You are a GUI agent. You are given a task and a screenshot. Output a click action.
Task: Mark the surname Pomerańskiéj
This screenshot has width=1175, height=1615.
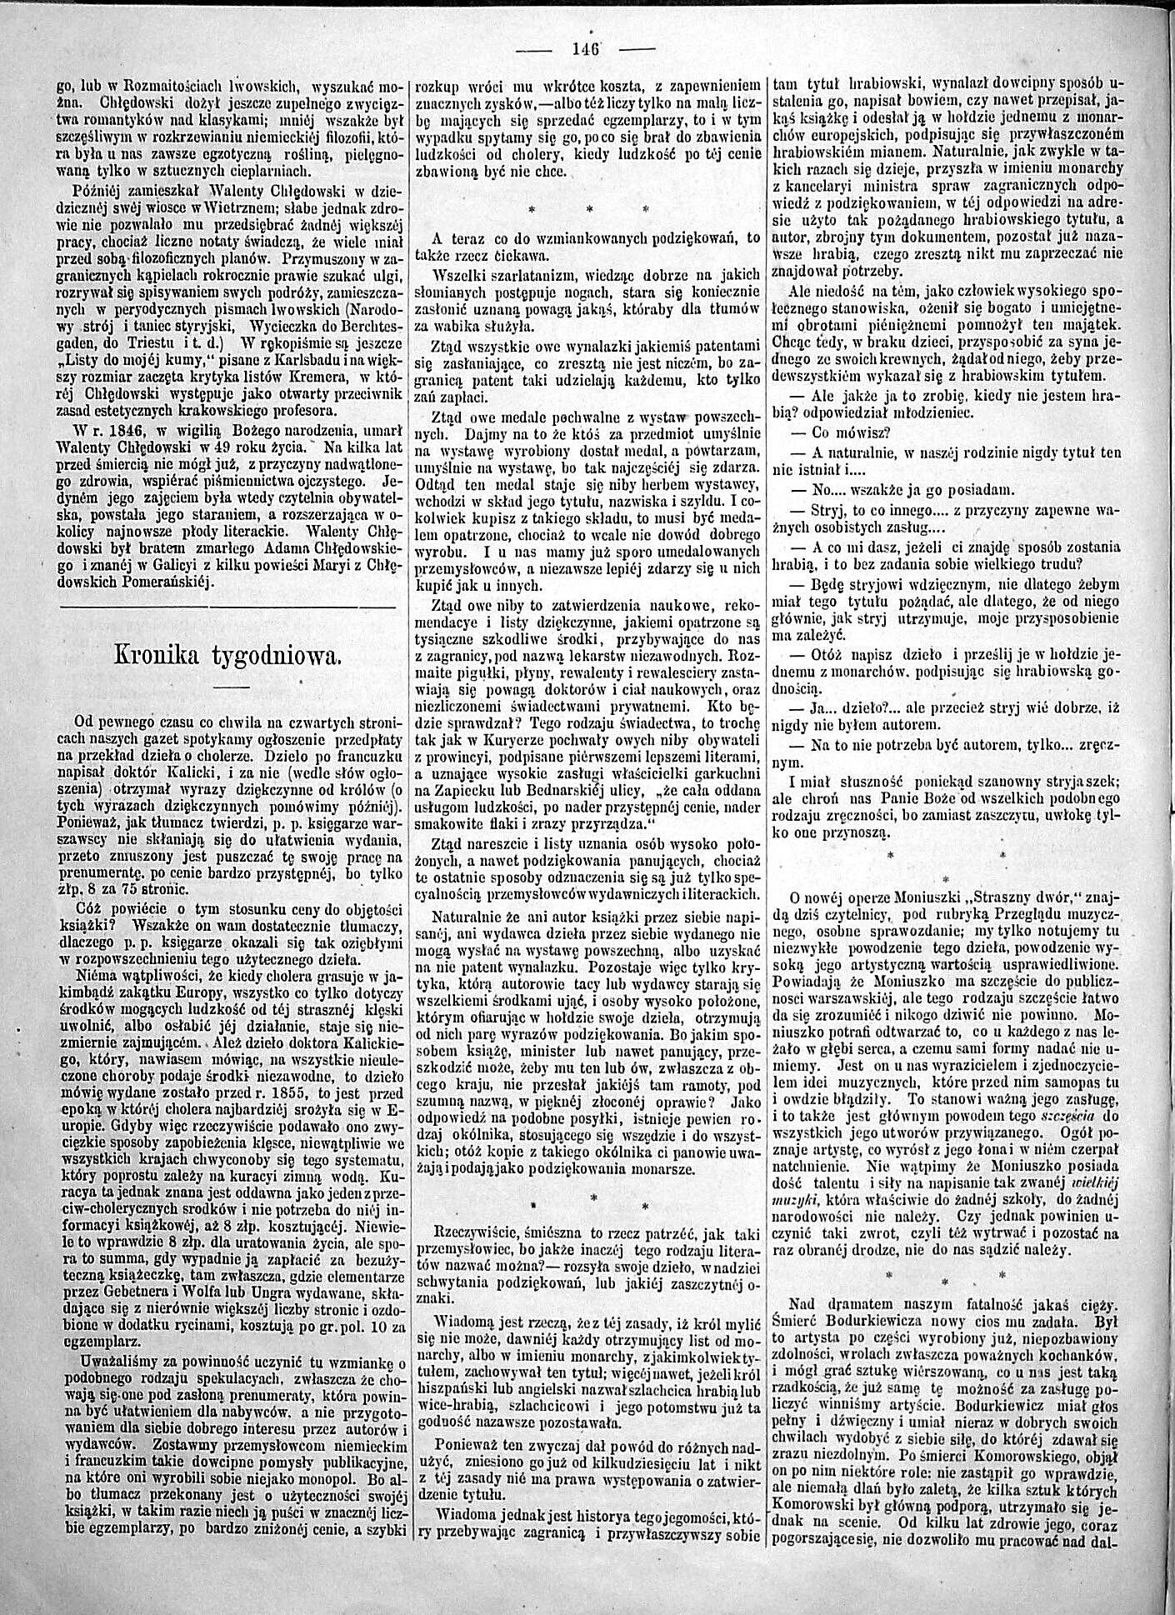tap(173, 582)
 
